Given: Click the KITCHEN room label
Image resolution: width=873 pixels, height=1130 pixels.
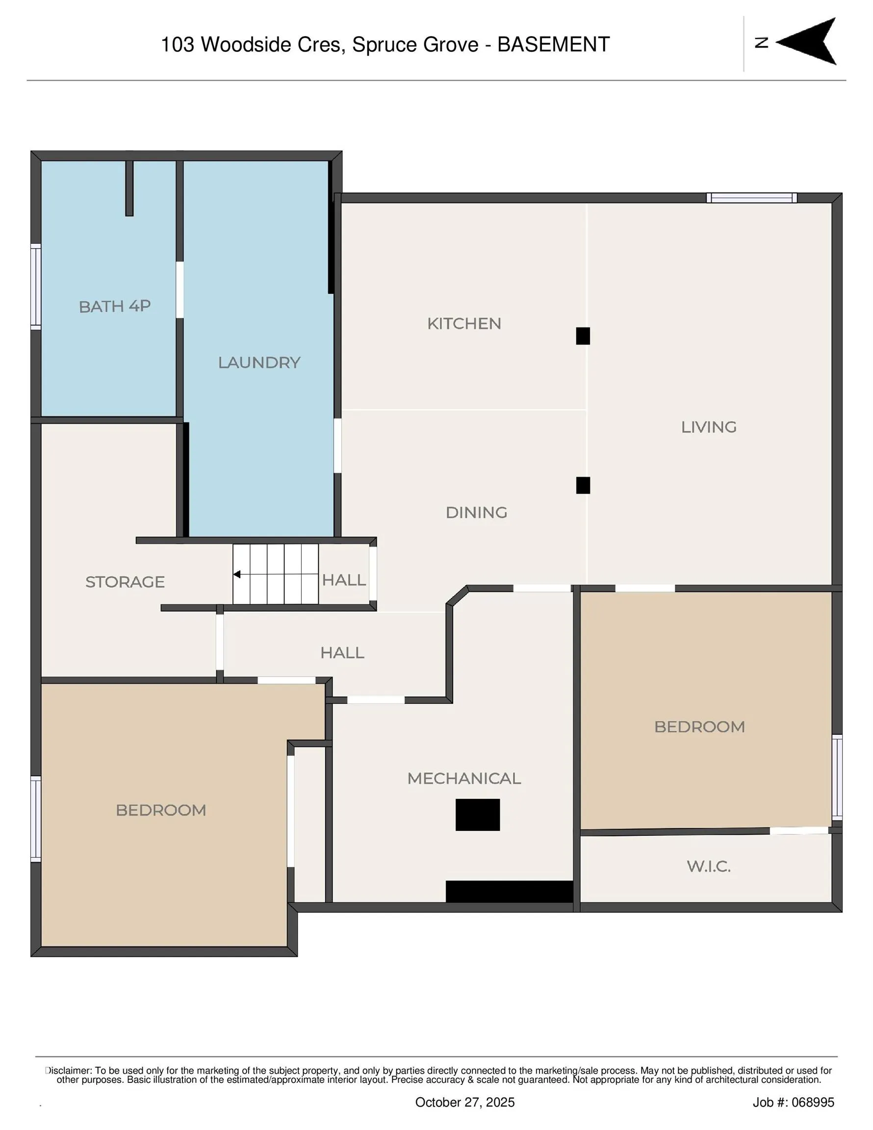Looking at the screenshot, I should click(463, 324).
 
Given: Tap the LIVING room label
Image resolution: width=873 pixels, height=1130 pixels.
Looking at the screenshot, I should click(708, 427).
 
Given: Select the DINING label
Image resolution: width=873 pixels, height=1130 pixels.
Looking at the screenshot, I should click(476, 513).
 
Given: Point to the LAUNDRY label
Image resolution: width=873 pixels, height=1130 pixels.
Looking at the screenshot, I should click(259, 363).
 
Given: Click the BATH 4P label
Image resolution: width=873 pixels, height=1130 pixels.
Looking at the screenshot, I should click(114, 307).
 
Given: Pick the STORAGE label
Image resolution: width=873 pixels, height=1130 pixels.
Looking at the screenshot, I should click(125, 582).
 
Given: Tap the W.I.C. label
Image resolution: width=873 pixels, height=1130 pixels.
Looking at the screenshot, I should click(708, 867).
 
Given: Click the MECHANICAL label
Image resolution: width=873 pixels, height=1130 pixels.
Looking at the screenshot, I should click(463, 779).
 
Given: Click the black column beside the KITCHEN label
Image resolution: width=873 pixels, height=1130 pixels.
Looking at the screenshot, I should click(583, 336).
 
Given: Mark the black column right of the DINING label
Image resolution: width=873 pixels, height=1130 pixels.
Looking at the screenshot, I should click(583, 486).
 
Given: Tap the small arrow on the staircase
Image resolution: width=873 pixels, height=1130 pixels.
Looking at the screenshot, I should click(236, 574).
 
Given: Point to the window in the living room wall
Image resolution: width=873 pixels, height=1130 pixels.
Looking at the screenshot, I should click(751, 198).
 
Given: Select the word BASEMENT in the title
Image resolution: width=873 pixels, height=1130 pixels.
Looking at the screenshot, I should click(553, 45).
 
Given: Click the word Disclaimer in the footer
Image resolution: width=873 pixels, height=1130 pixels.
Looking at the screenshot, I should click(69, 1071).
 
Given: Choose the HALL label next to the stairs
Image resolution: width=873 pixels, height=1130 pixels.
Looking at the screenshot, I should click(344, 580).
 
